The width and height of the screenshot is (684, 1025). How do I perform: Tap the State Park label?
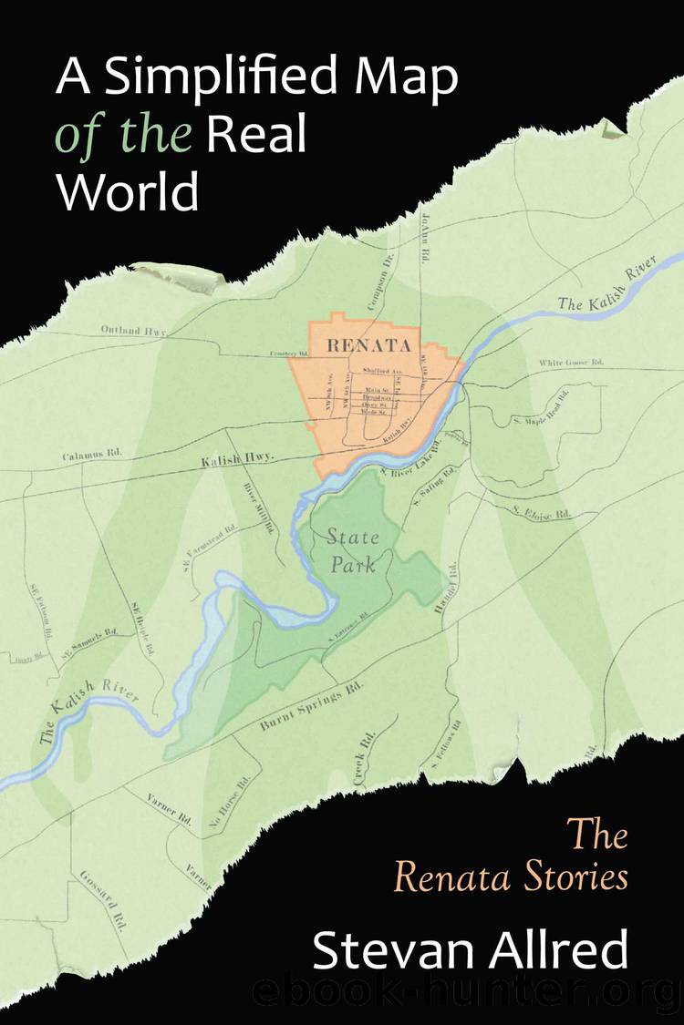pos(352,551)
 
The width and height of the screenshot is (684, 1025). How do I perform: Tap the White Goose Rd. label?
pos(571,363)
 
